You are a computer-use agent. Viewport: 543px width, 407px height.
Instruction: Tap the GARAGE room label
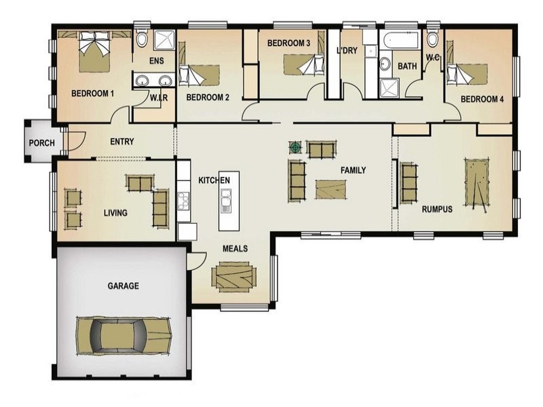pyautogui.click(x=123, y=286)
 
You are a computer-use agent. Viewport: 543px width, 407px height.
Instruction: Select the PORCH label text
pyautogui.click(x=41, y=143)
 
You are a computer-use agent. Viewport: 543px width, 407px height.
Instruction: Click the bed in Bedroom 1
pyautogui.click(x=94, y=53)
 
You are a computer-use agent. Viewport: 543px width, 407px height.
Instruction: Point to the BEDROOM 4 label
pyautogui.click(x=482, y=99)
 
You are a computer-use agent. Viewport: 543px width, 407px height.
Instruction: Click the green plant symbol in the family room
pyautogui.click(x=295, y=146)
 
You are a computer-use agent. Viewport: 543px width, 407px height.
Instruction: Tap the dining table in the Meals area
pyautogui.click(x=234, y=277)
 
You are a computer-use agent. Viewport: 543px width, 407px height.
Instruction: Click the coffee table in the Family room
pyautogui.click(x=331, y=189)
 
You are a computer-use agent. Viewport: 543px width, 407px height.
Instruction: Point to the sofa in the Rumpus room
pyautogui.click(x=408, y=182)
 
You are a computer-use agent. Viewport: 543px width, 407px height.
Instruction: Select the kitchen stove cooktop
pyautogui.click(x=183, y=199)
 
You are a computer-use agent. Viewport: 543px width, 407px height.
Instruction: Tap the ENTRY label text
pyautogui.click(x=121, y=142)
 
